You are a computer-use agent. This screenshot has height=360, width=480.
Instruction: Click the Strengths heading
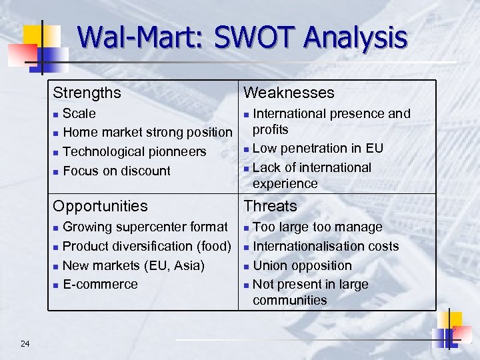coord(87,93)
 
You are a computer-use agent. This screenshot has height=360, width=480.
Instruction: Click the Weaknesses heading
coord(289,93)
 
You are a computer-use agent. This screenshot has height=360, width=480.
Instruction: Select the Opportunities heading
coord(100,206)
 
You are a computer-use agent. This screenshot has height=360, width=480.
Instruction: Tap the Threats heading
coord(270,206)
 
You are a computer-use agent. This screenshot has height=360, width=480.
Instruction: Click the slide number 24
coord(25,343)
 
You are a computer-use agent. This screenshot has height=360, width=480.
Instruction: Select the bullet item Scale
coord(79,113)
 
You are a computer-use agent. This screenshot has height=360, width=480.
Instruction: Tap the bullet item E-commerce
coord(100,284)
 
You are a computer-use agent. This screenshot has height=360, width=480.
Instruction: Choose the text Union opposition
coord(302,265)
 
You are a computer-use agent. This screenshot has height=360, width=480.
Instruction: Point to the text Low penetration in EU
coord(318,148)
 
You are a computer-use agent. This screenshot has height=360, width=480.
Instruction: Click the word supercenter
coord(147,227)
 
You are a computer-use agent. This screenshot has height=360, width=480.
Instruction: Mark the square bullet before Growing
coord(57,228)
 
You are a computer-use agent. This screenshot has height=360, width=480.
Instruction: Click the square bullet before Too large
coord(247,228)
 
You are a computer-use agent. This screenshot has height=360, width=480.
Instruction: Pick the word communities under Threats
coord(289,300)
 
